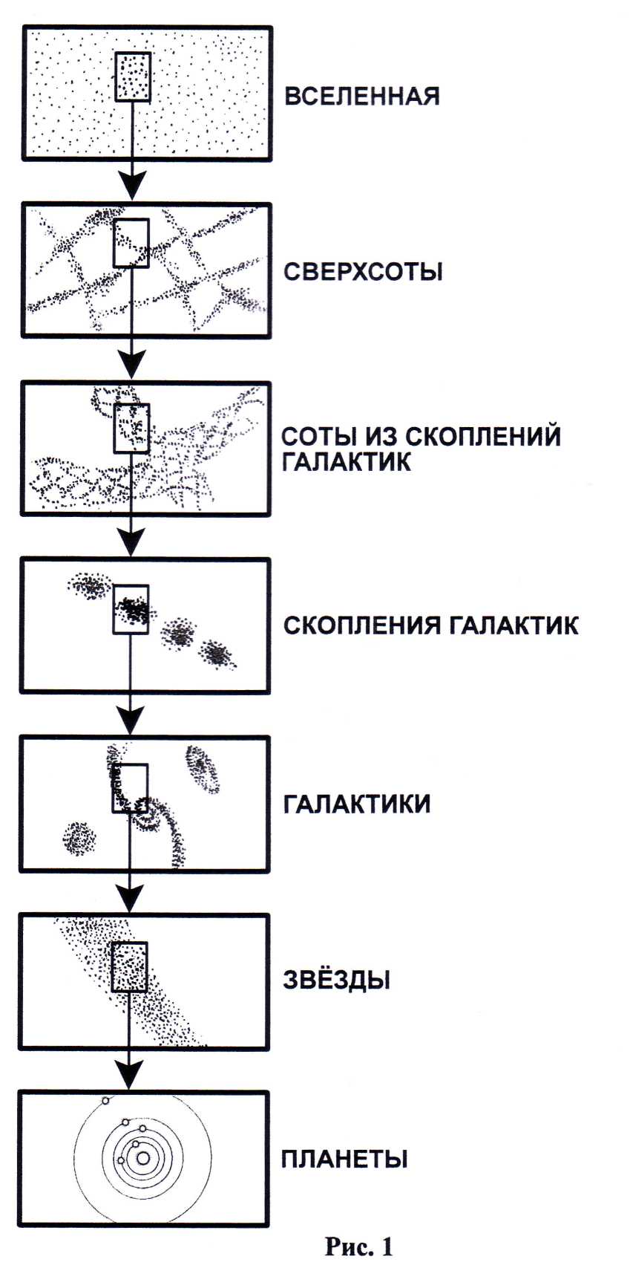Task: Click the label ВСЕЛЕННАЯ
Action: [362, 97]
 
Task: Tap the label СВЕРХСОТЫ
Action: [363, 272]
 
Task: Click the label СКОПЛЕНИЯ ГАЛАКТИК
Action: [430, 625]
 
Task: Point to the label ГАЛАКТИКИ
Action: [356, 804]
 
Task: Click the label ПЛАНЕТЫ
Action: [344, 1159]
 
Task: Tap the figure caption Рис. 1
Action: [358, 1246]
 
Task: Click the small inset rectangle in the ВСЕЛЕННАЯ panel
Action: [134, 77]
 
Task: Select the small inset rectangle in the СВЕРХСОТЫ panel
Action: [131, 243]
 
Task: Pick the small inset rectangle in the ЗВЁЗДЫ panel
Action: [129, 967]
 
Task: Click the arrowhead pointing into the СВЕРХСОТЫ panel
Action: [132, 187]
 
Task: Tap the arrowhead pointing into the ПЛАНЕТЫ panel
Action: [130, 1075]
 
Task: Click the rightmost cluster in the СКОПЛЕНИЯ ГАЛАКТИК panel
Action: [218, 654]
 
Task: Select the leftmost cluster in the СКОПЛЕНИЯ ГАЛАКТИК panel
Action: [91, 587]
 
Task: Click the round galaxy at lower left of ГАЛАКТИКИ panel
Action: [79, 839]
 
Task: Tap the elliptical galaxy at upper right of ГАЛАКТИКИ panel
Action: [203, 769]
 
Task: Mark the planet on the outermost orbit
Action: [105, 1101]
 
